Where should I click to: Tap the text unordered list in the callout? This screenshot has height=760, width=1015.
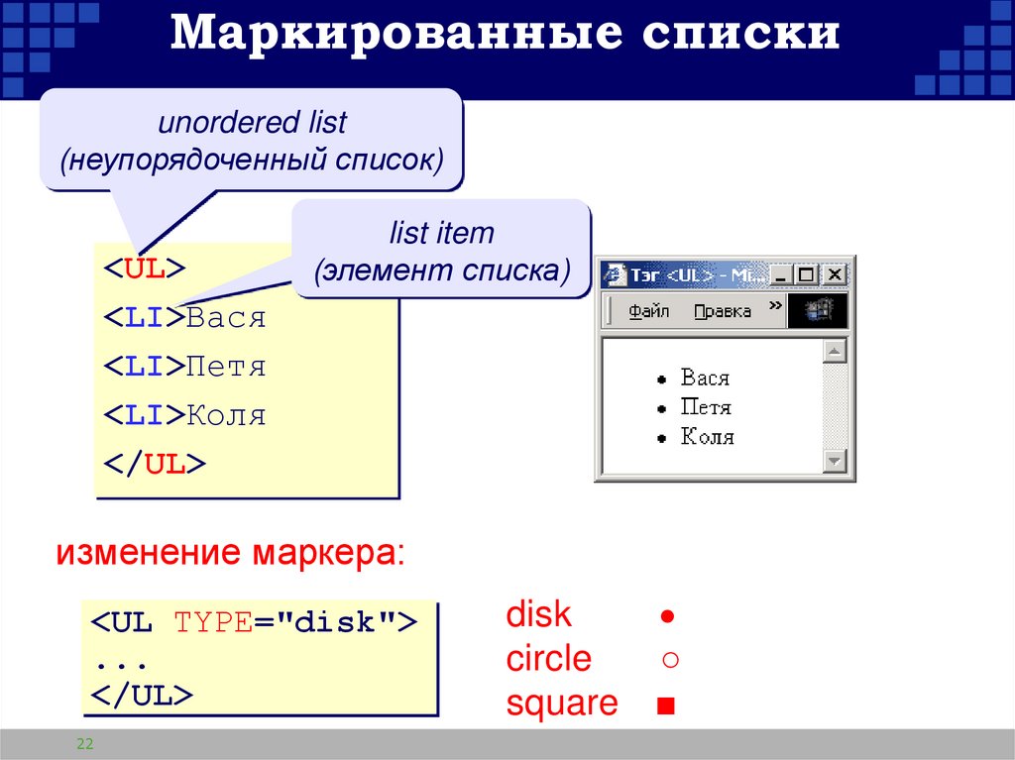click(x=252, y=123)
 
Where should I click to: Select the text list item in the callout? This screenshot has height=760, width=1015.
click(x=441, y=234)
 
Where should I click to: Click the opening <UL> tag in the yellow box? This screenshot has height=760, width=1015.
click(x=145, y=270)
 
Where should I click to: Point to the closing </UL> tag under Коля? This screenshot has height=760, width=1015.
click(x=155, y=464)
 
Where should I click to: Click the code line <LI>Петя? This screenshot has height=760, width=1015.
click(x=184, y=367)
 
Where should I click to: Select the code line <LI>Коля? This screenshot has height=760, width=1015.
click(x=184, y=414)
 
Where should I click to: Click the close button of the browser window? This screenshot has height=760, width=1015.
click(x=835, y=274)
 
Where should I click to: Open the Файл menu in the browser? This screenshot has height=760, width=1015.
click(x=649, y=311)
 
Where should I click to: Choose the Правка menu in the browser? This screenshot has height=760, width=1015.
click(x=722, y=311)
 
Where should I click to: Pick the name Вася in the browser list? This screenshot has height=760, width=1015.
click(x=705, y=378)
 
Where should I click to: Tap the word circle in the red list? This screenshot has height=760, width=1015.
click(x=548, y=659)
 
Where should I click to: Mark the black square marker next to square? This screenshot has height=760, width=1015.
click(x=665, y=706)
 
